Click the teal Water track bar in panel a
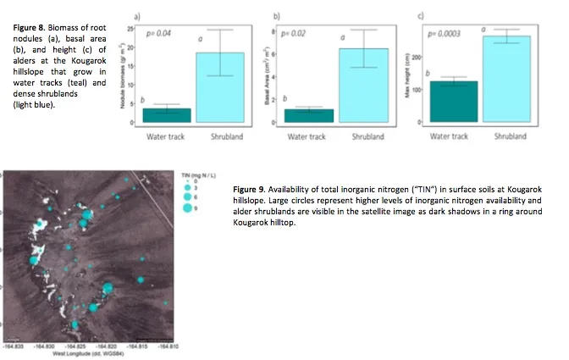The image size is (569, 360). click(x=166, y=115)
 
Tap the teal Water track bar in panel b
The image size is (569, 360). click(x=309, y=115)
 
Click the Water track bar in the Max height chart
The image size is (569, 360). click(x=449, y=102)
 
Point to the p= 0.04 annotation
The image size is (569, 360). click(x=159, y=33)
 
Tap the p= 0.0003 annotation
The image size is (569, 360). click(x=445, y=34)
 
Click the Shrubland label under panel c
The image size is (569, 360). click(x=510, y=136)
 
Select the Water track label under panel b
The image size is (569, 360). click(x=308, y=136)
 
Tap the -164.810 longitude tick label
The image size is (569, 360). click(x=168, y=346)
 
